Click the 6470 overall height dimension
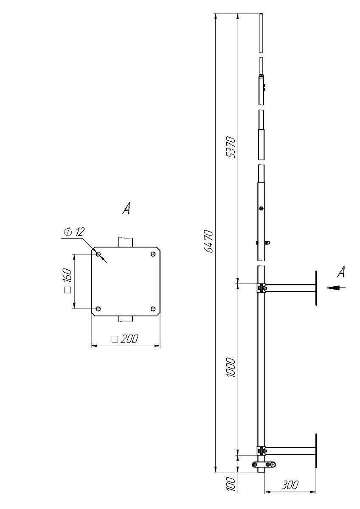[x=209, y=241]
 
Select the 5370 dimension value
[x=231, y=147]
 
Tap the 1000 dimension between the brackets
[x=231, y=367]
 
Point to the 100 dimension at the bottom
[x=231, y=484]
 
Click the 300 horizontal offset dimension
[x=290, y=485]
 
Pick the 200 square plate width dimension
[x=125, y=339]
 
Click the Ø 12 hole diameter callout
[x=74, y=232]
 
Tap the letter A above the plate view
[x=126, y=208]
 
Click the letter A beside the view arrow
[x=341, y=271]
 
